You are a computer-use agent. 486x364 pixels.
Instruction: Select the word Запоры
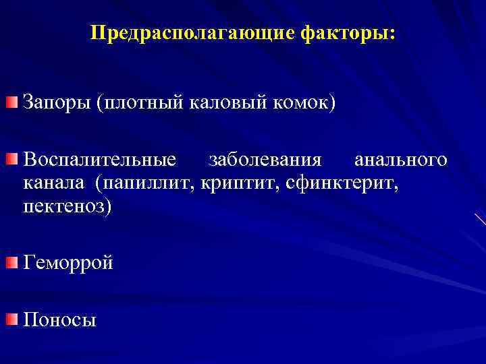[57, 104]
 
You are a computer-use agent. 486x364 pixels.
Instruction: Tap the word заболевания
[265, 161]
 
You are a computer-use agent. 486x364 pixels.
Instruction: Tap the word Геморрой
[68, 263]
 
